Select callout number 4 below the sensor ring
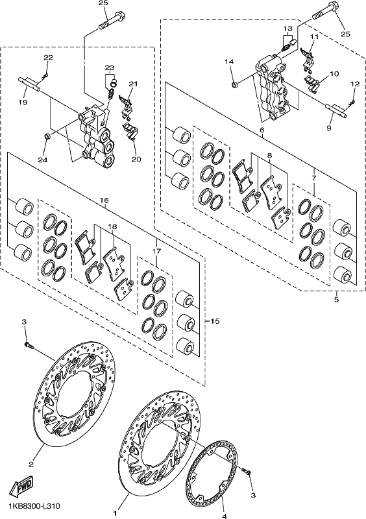[x=224, y=515]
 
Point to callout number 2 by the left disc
[x=30, y=465]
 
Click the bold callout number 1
[x=116, y=513]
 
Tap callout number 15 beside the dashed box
[x=215, y=321]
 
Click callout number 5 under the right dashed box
[x=337, y=300]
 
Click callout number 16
[x=104, y=200]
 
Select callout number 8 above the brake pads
[x=269, y=155]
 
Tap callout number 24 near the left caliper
[x=42, y=160]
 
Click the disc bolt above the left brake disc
[x=29, y=345]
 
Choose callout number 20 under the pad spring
[x=136, y=159]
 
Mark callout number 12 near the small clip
[x=355, y=84]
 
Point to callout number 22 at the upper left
[x=48, y=58]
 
